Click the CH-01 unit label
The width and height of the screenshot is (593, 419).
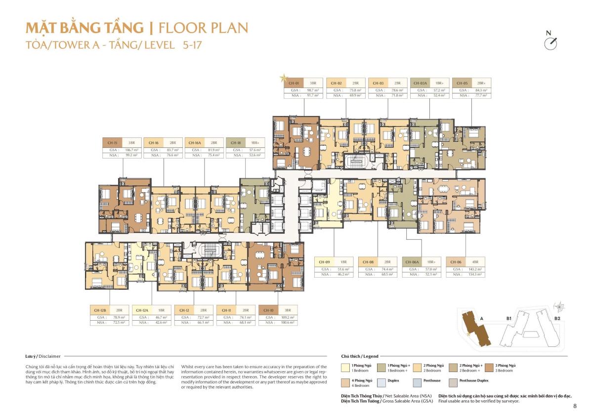pyautogui.click(x=294, y=83)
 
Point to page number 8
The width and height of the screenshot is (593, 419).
pyautogui.click(x=575, y=406)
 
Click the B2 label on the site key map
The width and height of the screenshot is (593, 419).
pyautogui.click(x=557, y=319)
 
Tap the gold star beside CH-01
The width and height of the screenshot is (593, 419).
pyautogui.click(x=283, y=78)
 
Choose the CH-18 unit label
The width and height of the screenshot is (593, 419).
pyautogui.click(x=236, y=142)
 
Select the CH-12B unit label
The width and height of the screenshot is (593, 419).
pyautogui.click(x=99, y=310)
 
